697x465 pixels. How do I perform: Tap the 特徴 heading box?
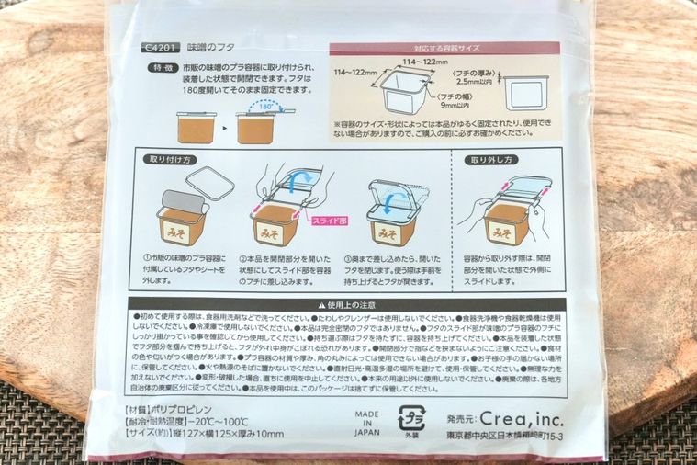click(x=163, y=68)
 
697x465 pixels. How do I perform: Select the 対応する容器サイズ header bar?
click(x=444, y=47)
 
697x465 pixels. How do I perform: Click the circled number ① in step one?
click(x=148, y=257)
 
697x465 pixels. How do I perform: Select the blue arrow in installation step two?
click(x=294, y=184)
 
